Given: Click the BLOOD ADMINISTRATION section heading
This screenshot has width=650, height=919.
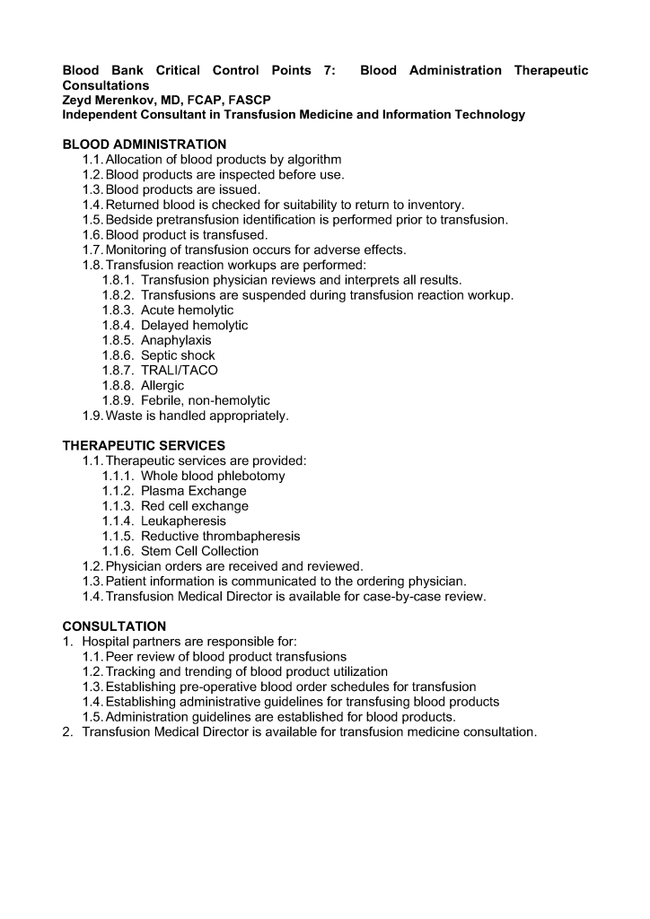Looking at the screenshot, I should point(144,144).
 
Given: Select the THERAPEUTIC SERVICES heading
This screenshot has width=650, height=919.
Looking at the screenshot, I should point(144,445).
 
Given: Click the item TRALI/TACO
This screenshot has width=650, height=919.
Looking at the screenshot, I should point(179,370).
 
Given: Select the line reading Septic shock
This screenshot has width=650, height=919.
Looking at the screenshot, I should point(178,355).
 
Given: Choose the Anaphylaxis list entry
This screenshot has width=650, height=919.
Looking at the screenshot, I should point(176,340).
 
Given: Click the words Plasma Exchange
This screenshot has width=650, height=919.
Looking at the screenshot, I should point(193,491).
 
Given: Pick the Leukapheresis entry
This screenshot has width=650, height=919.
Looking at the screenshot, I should point(183,521).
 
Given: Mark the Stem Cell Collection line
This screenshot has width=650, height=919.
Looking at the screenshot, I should point(199,551).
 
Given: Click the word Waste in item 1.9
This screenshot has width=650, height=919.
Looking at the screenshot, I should point(124,416).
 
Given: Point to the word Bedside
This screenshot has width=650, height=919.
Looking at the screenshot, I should point(131,219).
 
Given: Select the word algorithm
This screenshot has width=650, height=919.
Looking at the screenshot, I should point(310,159).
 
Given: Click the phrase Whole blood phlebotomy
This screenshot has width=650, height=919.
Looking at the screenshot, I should point(213,476).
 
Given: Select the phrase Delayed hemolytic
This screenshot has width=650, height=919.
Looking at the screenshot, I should point(194,325).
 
